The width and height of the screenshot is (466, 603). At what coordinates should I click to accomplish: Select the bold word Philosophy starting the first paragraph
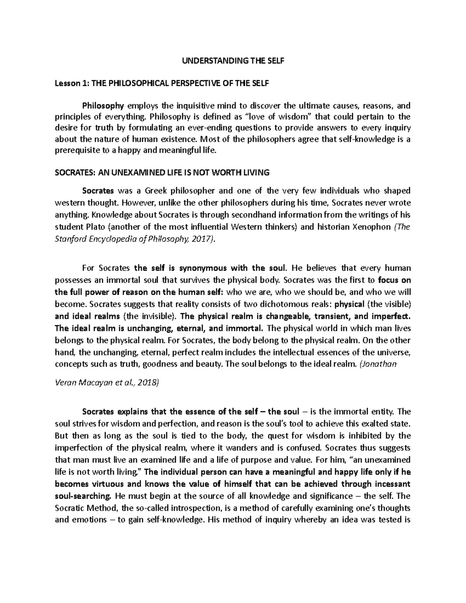click(x=103, y=106)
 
